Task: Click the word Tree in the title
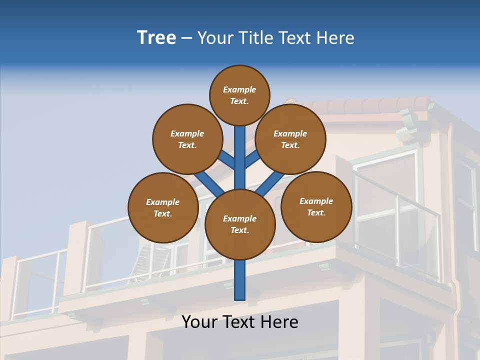156,38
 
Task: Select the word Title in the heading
256,38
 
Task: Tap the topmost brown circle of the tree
239,95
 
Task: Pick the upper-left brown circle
187,139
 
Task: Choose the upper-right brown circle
290,139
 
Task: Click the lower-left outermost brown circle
163,207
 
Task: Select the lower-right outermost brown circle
316,206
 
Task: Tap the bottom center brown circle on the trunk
240,224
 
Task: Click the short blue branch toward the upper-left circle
226,160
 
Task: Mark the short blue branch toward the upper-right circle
252,159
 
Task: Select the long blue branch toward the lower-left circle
209,184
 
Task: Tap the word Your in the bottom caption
199,322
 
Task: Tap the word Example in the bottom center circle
239,218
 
